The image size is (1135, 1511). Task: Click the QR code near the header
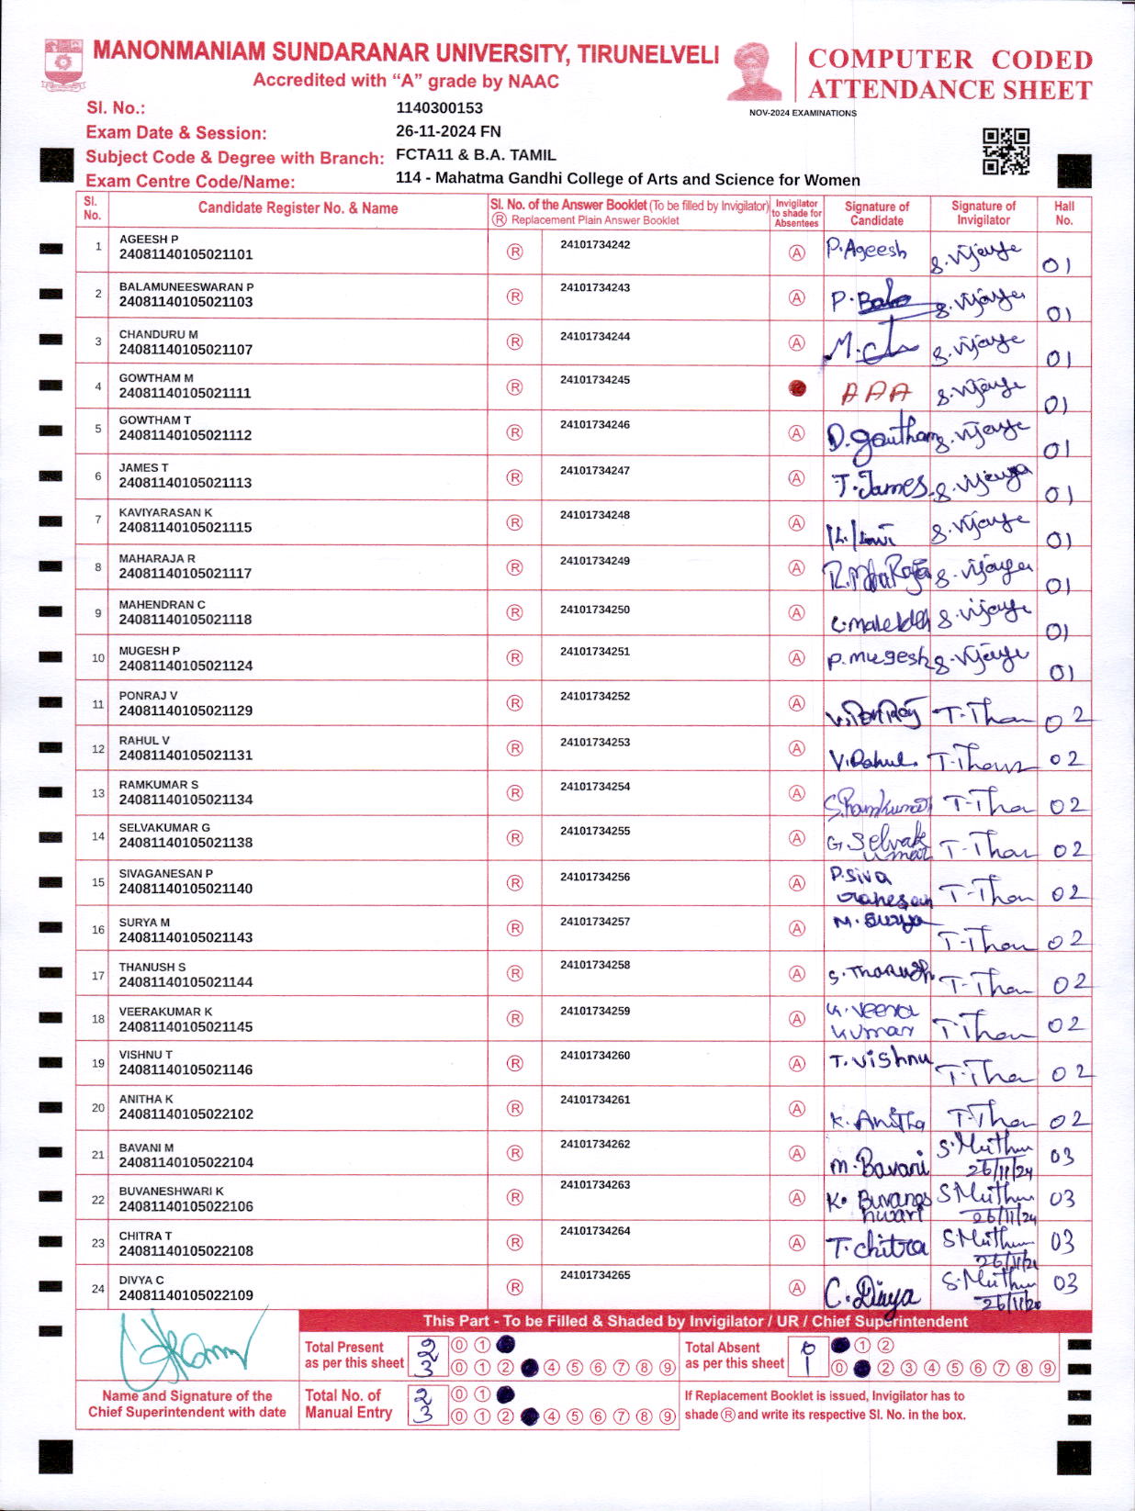point(1006,151)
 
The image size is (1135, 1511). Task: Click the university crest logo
point(63,63)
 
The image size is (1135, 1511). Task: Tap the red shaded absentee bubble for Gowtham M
point(797,388)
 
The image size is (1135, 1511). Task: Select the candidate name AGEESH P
point(149,239)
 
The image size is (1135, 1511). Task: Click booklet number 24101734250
point(595,610)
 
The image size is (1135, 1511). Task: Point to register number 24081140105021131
point(185,755)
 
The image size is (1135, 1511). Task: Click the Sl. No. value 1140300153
point(439,108)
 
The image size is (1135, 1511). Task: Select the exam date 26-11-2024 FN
point(448,131)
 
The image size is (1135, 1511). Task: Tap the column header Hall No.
point(1064,213)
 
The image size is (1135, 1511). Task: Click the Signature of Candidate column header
point(877,213)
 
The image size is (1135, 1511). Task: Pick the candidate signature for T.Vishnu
point(879,1061)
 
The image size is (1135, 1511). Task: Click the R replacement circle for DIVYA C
point(515,1287)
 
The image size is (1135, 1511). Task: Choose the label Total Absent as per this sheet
point(735,1355)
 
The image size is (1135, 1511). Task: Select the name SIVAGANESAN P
point(165,873)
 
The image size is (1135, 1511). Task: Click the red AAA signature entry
point(876,393)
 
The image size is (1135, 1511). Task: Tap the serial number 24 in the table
point(98,1288)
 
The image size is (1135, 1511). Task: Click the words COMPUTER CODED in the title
point(950,60)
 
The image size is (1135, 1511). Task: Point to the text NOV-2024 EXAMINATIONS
point(803,113)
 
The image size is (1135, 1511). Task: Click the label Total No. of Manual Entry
point(349,1404)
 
